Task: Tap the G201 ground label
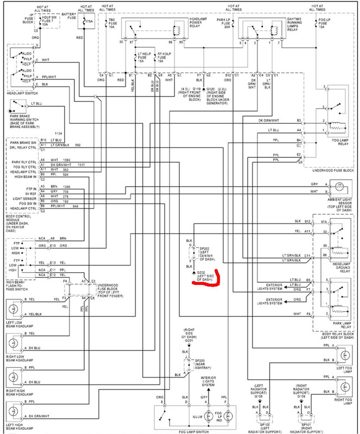click(x=189, y=340)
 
